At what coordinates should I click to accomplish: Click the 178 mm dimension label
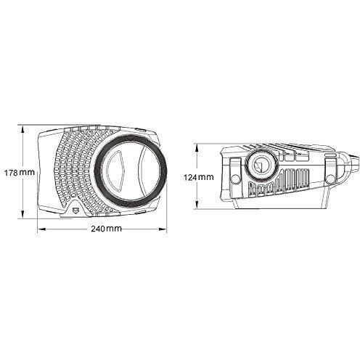click(x=20, y=173)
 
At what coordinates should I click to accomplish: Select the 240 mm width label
click(x=106, y=229)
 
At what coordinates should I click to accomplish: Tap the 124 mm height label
click(x=199, y=177)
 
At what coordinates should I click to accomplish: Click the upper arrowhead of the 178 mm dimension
click(x=22, y=129)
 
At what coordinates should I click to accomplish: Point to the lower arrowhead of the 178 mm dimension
click(x=22, y=214)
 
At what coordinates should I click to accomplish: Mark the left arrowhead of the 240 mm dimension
click(x=41, y=229)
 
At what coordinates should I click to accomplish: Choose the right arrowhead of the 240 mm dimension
click(x=163, y=229)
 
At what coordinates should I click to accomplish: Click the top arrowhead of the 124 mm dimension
click(x=197, y=148)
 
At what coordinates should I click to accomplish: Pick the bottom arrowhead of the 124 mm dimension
click(x=197, y=205)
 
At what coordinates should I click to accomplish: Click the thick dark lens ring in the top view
click(x=96, y=169)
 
